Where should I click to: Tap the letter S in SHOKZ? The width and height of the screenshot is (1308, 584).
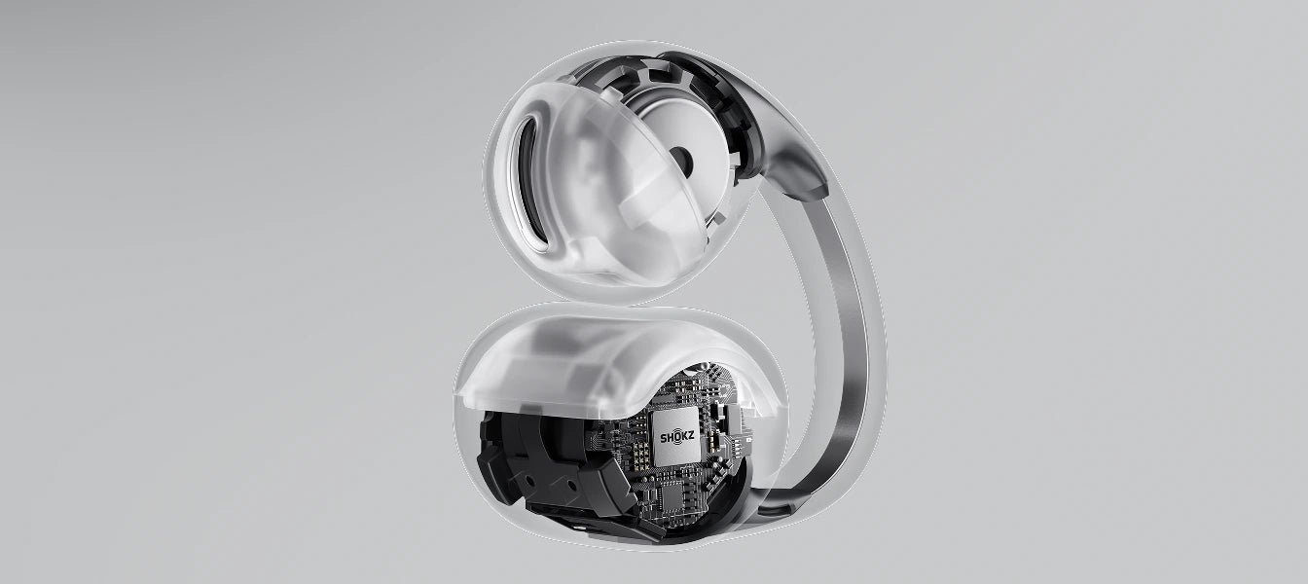tap(664, 437)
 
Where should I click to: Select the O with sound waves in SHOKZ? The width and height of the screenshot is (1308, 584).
tap(676, 437)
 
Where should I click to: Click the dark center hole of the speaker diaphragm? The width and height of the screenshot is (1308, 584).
tap(680, 157)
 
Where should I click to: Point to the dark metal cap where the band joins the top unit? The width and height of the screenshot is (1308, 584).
tap(801, 172)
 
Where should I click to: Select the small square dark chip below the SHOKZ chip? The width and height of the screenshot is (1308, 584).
tap(670, 494)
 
